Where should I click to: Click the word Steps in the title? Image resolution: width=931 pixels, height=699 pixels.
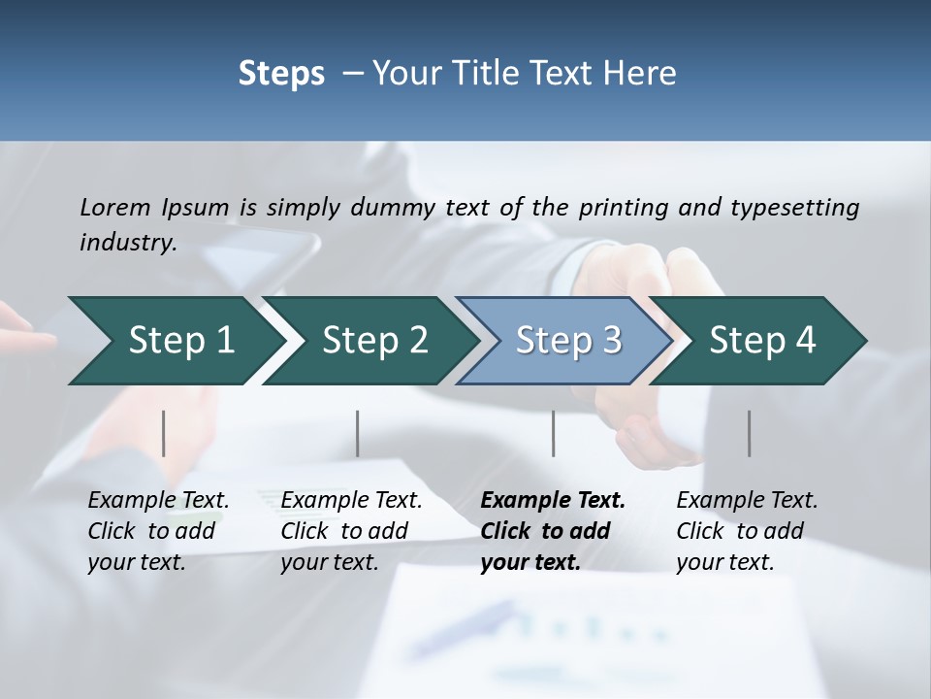[281, 74]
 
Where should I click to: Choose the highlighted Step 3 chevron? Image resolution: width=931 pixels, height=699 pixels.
[568, 341]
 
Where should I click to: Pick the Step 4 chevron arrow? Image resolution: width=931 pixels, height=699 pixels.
[762, 341]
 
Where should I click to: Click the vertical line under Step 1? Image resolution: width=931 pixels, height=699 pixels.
[164, 433]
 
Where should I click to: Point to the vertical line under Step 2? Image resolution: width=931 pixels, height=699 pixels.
[358, 433]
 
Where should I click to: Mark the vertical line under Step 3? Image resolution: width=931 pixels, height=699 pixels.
[554, 433]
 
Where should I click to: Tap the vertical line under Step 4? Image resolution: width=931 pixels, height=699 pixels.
[750, 433]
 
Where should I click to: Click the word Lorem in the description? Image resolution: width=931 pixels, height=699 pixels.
[115, 207]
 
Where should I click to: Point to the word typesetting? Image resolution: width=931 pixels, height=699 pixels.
[794, 208]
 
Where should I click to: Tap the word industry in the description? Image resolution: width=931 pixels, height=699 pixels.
[127, 243]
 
